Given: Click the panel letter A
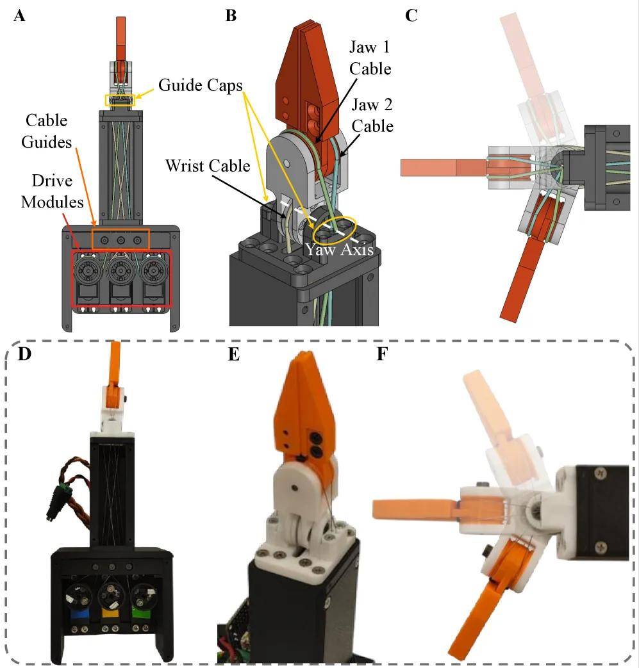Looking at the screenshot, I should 19,15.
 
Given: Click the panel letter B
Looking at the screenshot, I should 231,15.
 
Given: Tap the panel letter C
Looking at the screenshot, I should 411,15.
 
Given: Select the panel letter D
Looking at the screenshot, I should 24,353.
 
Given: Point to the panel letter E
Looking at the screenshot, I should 233,354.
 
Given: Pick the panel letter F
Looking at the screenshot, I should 382,354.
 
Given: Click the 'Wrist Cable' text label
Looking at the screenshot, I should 207,165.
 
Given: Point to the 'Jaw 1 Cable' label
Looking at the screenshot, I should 370,58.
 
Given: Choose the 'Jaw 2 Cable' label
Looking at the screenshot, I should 372,116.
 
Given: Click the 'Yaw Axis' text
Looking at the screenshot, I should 340,249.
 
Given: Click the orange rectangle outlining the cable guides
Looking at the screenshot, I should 120,238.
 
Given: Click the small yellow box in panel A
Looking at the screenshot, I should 120,100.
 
